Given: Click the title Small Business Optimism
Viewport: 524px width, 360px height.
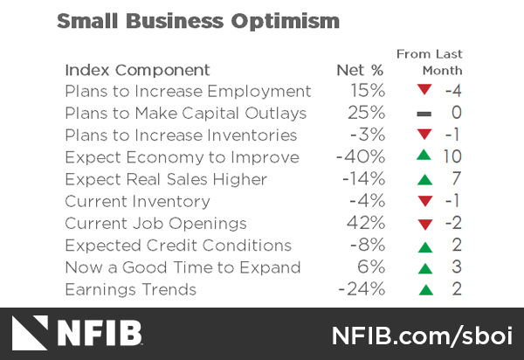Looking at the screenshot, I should point(197,20).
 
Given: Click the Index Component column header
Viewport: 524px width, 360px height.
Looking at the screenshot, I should point(137,70).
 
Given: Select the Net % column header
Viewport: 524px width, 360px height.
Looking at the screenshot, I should point(360,70).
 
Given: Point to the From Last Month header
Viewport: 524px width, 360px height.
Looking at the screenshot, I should point(430,62).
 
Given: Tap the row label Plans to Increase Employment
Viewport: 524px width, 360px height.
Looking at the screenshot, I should point(188,91).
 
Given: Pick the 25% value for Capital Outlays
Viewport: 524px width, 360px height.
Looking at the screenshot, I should point(367,113).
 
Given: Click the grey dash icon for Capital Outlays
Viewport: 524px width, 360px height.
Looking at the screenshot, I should point(424,114).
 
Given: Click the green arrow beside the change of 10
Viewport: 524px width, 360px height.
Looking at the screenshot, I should point(424,156).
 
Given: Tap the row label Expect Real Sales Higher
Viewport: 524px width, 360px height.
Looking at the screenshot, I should point(166,180).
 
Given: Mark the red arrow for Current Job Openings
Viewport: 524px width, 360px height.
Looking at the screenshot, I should point(424,225).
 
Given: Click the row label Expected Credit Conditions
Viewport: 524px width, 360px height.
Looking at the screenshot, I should point(177,246).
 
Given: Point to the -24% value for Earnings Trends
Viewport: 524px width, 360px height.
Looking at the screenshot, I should point(362,289).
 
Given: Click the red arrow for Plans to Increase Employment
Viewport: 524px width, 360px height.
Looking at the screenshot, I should point(424,91).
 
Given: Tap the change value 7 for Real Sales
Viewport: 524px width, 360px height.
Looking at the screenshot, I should point(456,179).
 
